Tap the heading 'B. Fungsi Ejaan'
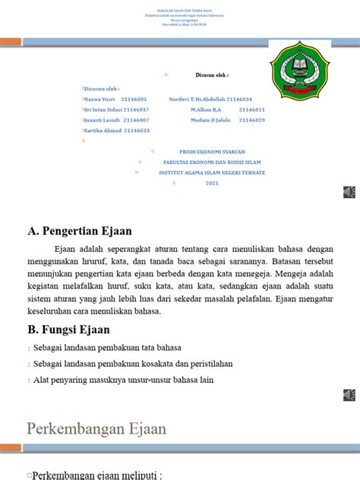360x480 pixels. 69,330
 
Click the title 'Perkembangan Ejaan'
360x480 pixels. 96,429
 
